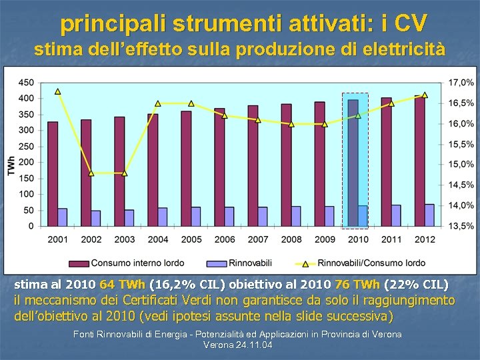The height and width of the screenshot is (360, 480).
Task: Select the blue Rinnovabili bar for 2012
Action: (x=429, y=215)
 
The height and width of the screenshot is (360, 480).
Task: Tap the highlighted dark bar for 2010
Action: (x=353, y=163)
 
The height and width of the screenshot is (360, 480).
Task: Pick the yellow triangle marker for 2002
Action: (x=91, y=173)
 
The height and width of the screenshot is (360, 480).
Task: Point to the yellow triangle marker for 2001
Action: (x=58, y=91)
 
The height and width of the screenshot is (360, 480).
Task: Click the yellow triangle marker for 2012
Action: (x=425, y=95)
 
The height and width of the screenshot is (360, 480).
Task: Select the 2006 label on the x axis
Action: (x=225, y=239)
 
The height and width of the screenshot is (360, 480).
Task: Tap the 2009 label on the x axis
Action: (x=325, y=239)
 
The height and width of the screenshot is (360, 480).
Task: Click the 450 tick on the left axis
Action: (x=26, y=83)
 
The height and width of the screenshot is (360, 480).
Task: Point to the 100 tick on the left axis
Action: (x=26, y=194)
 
